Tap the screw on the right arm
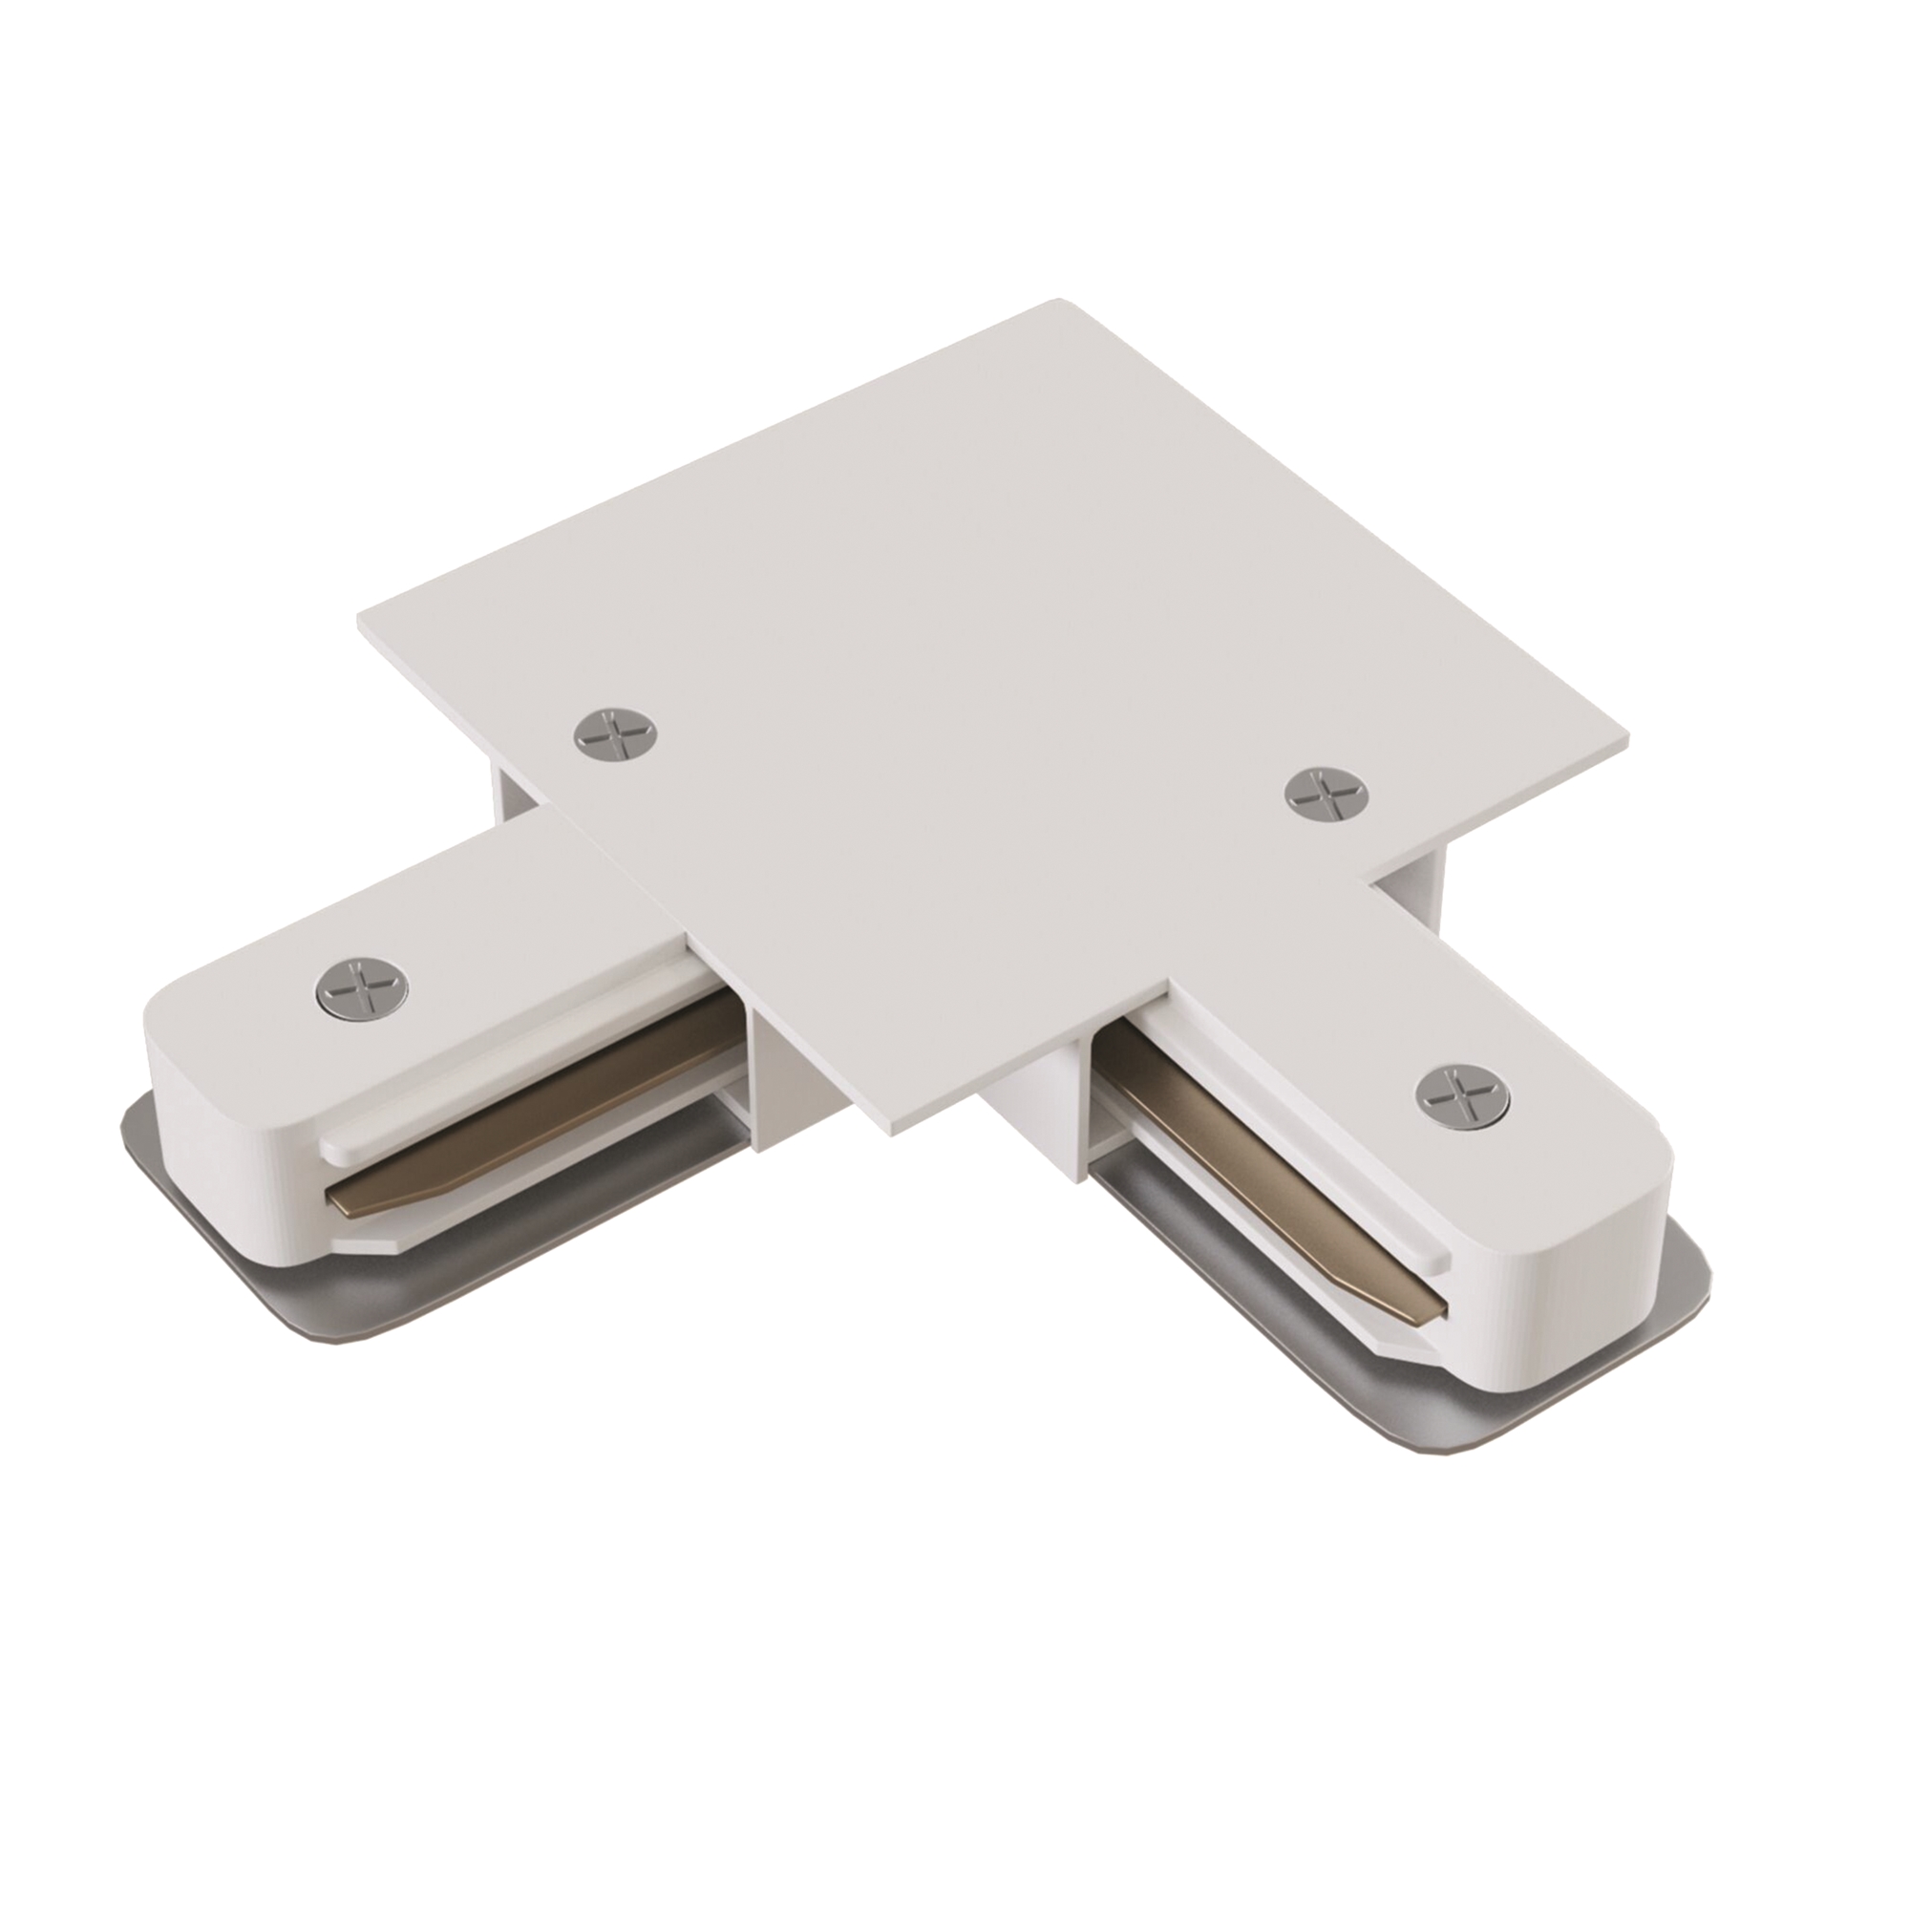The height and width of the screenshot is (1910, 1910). coord(1461,1093)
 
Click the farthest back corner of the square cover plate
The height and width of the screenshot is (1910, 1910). coord(1060,302)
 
